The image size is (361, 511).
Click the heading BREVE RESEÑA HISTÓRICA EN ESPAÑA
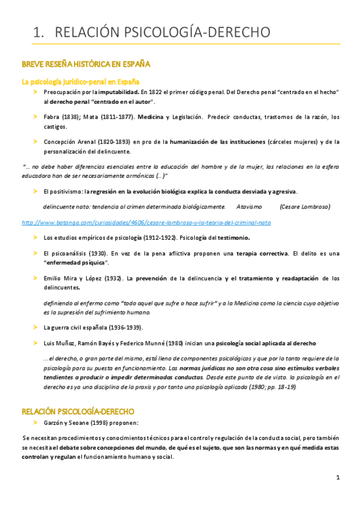coord(86,64)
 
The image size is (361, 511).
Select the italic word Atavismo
coord(248,206)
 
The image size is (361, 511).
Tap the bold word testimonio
coord(214,237)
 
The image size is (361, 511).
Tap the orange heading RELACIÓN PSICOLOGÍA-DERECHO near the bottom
coord(78,412)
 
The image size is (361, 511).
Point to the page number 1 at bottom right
coord(338,477)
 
